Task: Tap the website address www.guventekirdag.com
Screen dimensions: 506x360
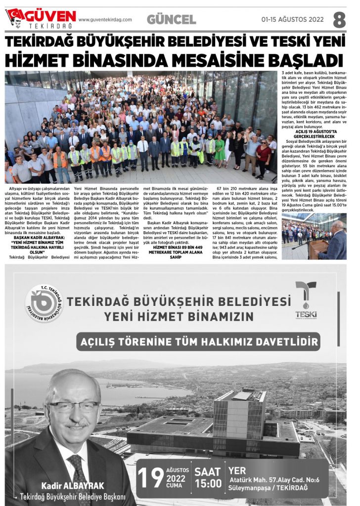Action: coord(105,20)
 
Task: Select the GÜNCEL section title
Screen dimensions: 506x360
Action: coord(172,20)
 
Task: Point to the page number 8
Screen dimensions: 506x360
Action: coord(339,20)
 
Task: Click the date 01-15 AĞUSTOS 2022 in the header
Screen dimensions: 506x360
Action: coord(292,20)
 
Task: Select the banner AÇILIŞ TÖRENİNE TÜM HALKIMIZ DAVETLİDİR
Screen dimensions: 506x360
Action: coord(198,341)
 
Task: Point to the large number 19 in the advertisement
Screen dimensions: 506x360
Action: coord(150,477)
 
